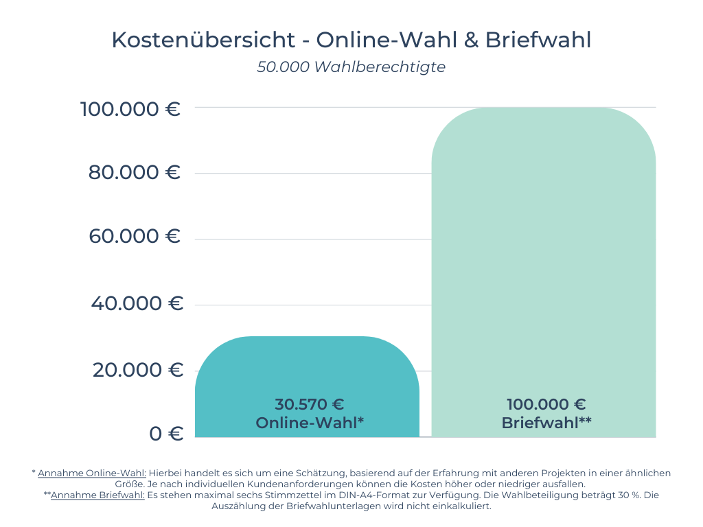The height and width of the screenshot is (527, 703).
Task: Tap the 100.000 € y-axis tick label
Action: [130, 108]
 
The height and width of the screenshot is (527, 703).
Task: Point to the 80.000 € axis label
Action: [135, 172]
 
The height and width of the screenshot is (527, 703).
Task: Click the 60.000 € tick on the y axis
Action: [135, 237]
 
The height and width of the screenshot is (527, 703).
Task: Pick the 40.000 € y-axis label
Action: [137, 303]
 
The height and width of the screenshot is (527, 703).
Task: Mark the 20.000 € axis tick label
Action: [137, 370]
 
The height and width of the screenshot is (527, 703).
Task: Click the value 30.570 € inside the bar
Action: [310, 404]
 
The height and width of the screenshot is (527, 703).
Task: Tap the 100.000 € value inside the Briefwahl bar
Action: [546, 404]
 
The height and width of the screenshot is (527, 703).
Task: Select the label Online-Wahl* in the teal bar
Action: [310, 423]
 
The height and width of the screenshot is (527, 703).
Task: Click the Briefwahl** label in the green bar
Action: [546, 423]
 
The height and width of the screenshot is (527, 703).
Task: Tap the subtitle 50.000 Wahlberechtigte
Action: [351, 67]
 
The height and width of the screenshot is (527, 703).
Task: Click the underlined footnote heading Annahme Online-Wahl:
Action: [92, 473]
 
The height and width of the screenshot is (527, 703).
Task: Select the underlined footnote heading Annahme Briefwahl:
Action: [97, 495]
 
